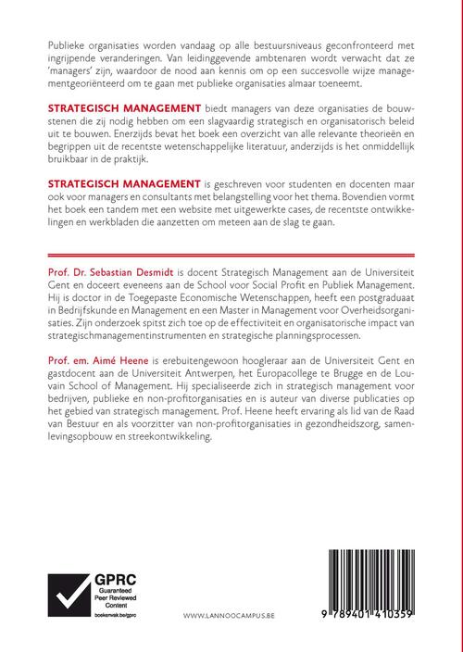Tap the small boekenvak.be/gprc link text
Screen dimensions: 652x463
pyautogui.click(x=112, y=617)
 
